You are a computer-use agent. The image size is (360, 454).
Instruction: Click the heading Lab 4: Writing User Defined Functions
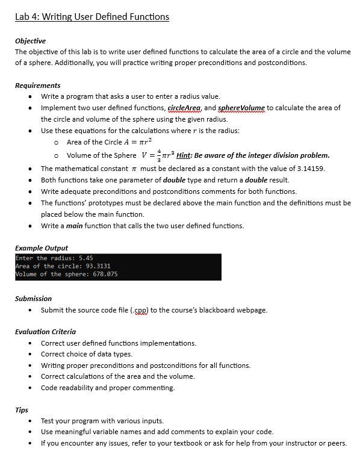click(92, 16)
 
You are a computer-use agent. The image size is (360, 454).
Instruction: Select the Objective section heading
click(30, 40)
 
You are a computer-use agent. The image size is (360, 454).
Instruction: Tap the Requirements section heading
click(37, 86)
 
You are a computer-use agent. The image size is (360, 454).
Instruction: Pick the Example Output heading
click(41, 247)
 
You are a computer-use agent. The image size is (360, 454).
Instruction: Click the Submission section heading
click(33, 298)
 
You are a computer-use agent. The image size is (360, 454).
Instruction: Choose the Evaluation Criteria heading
click(45, 332)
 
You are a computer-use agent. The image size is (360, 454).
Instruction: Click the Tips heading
click(22, 410)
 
